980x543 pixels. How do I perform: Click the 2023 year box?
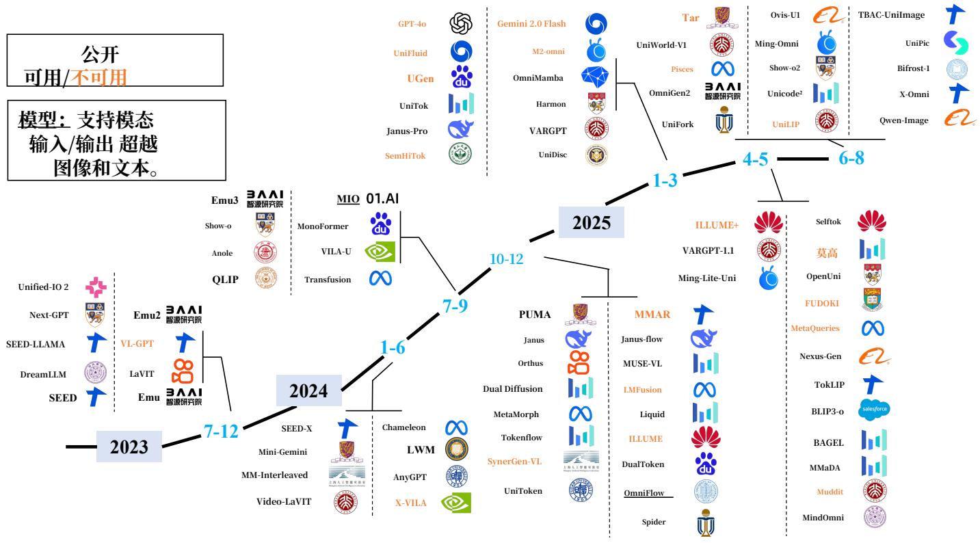pos(129,447)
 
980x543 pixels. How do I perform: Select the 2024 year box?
pos(308,391)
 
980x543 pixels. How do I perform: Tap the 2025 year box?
pos(592,223)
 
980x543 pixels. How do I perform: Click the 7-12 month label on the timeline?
pos(221,431)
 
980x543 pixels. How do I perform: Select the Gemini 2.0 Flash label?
pos(531,24)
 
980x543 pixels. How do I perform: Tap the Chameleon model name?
pos(403,427)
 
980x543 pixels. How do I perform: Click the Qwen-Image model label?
pos(903,120)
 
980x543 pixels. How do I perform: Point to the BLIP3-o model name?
pos(822,412)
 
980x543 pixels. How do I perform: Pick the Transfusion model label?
pos(328,279)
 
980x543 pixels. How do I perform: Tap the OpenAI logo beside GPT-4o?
pos(460,24)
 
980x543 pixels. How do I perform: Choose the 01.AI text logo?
pos(382,199)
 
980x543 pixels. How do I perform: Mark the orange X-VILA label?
pos(410,503)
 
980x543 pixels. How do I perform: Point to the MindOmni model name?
pos(823,517)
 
